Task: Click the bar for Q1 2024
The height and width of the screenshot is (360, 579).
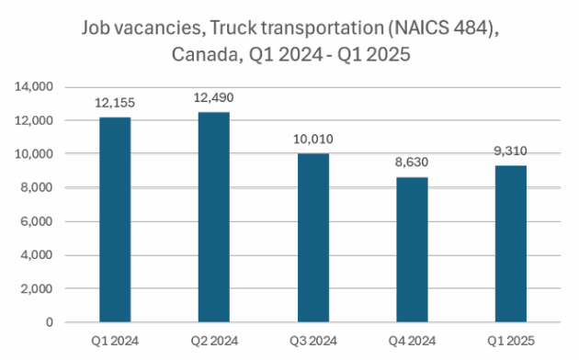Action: tap(116, 219)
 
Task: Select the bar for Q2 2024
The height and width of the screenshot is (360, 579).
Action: tap(214, 217)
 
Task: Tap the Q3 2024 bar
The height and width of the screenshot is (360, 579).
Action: tap(313, 238)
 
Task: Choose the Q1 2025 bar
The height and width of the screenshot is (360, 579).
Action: tap(511, 243)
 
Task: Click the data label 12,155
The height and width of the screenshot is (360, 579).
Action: tap(116, 104)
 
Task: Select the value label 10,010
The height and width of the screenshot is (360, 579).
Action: tap(313, 140)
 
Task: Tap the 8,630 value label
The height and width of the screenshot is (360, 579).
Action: tap(413, 163)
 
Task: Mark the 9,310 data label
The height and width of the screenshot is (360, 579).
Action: tap(511, 152)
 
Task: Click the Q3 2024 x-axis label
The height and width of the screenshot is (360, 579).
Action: tap(313, 341)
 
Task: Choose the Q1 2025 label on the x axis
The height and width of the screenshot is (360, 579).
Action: tap(511, 341)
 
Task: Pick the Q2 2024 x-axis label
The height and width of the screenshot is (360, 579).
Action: tap(214, 341)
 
